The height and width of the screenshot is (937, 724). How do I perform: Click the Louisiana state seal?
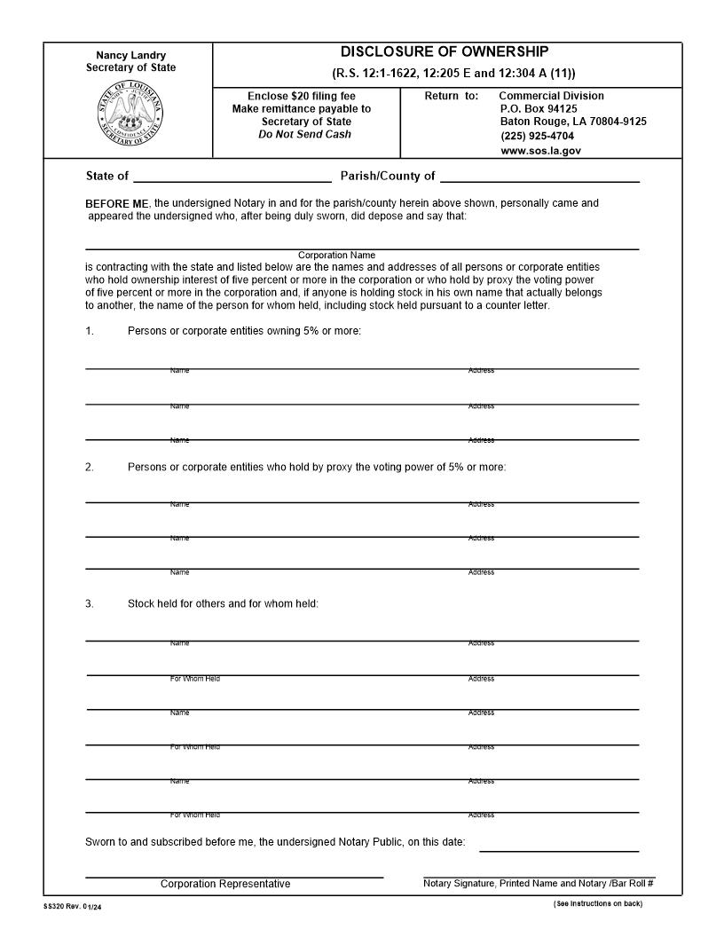130,117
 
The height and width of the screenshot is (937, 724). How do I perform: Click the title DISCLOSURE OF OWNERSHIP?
445,52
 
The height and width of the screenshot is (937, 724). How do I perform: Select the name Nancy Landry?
130,55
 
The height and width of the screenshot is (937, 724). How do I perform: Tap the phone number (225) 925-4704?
537,136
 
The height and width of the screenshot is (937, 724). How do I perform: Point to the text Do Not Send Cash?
304,135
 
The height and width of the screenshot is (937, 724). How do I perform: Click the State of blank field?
232,176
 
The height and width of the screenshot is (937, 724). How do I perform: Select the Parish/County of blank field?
539,176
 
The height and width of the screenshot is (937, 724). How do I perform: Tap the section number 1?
90,331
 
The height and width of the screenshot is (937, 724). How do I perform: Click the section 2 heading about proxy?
317,467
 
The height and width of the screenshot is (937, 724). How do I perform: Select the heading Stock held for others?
223,603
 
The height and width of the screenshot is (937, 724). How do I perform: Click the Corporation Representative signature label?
225,884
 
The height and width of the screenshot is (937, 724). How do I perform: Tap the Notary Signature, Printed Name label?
539,883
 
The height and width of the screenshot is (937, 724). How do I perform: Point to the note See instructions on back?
597,904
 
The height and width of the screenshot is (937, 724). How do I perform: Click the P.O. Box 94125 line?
539,108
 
